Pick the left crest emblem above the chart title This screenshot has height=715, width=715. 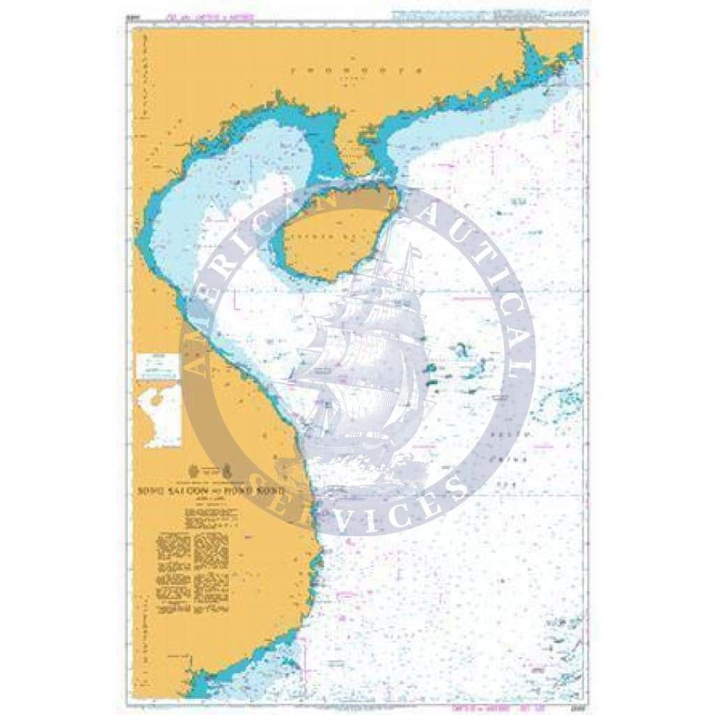pyautogui.click(x=195, y=470)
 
